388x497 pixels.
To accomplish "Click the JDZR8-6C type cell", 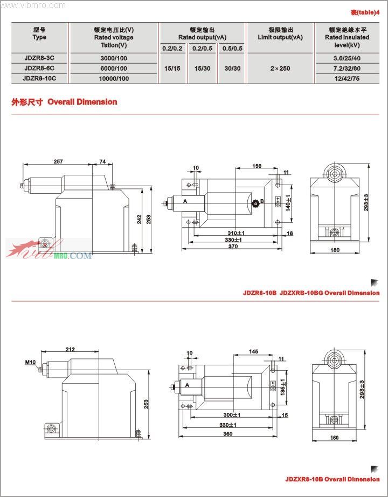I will pyautogui.click(x=39, y=68).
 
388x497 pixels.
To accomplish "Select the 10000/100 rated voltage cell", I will pyautogui.click(x=113, y=78).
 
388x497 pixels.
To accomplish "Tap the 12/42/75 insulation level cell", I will pyautogui.click(x=347, y=78).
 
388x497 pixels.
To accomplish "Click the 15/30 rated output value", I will pyautogui.click(x=203, y=69).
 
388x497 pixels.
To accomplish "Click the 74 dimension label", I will pyautogui.click(x=102, y=161).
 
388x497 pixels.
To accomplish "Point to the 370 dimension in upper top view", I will pyautogui.click(x=232, y=246).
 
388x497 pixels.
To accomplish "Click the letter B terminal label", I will pyautogui.click(x=262, y=201).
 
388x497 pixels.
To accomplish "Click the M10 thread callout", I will pyautogui.click(x=30, y=362).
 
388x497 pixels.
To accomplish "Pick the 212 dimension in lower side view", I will pyautogui.click(x=70, y=349).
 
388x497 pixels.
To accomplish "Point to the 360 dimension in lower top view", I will pyautogui.click(x=228, y=434).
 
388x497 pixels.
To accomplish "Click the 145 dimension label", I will pyautogui.click(x=253, y=351).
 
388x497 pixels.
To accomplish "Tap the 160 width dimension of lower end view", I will pyautogui.click(x=334, y=438).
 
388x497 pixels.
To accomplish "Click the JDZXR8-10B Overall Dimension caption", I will pyautogui.click(x=332, y=479).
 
